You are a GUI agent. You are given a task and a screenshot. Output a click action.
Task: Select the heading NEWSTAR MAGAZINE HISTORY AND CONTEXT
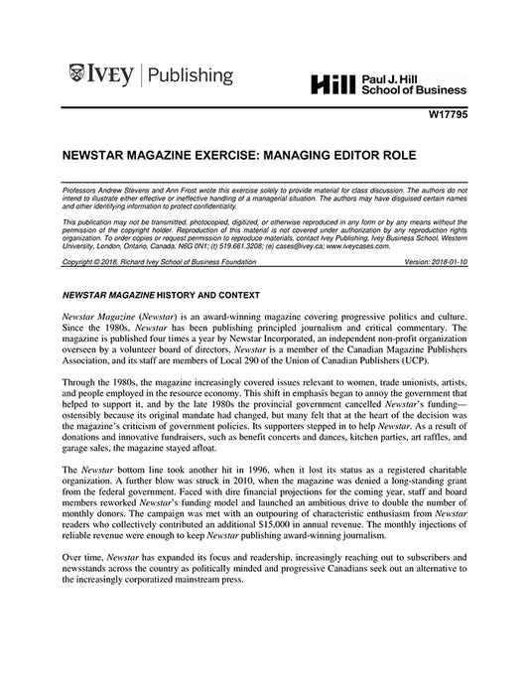tap(160, 295)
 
